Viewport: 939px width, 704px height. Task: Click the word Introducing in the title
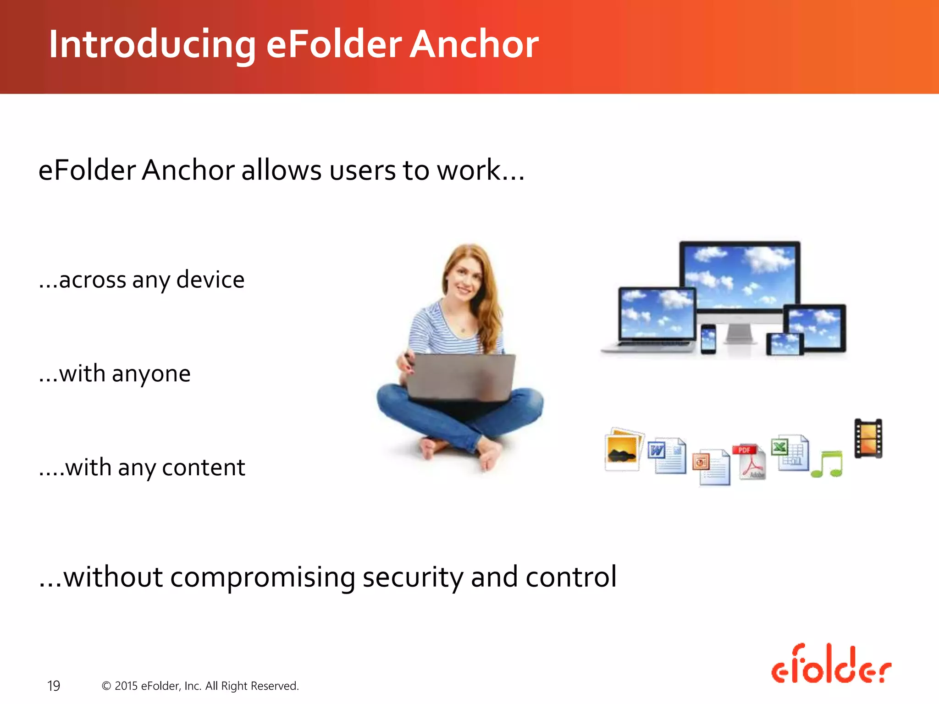coord(151,44)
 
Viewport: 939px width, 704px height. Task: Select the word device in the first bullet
coord(210,280)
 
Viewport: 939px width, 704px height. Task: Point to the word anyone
coord(151,374)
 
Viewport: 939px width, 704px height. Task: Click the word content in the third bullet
coord(204,468)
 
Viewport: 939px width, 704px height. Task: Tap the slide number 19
coord(54,686)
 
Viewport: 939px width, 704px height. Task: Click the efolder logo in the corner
coord(831,665)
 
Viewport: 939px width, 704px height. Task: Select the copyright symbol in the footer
coord(106,686)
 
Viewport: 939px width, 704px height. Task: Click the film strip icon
coord(868,438)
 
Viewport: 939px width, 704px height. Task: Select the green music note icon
coord(827,464)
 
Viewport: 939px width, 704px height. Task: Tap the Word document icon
coord(667,456)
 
